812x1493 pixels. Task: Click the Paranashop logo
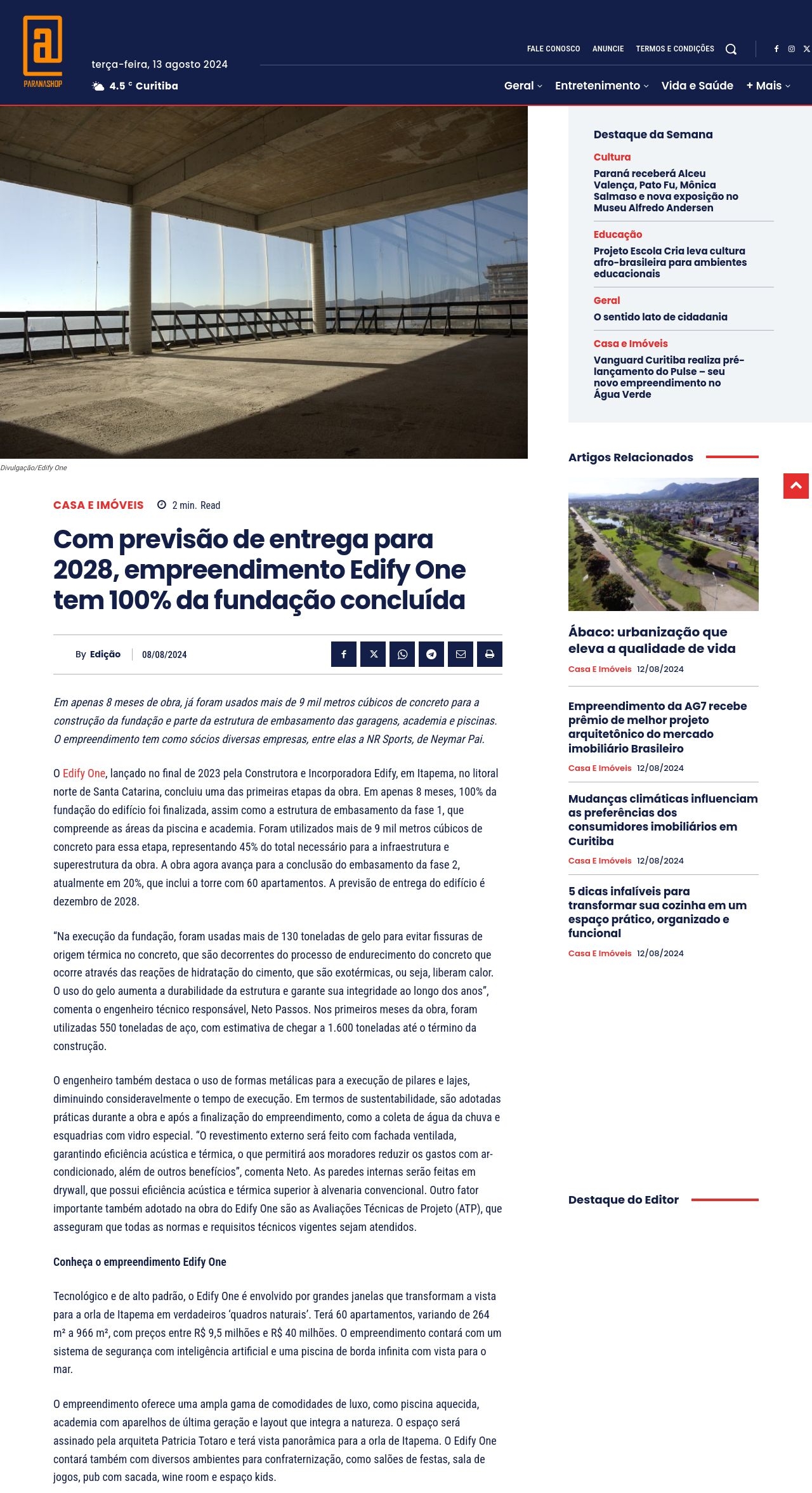[x=43, y=51]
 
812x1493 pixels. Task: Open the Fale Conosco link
[x=553, y=49]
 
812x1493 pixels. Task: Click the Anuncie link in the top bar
[x=608, y=49]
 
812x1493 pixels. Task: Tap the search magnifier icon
[x=731, y=49]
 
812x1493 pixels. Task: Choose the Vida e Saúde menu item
[x=697, y=86]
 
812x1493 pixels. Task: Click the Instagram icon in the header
[x=791, y=49]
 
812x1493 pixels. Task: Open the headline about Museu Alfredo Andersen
[x=665, y=190]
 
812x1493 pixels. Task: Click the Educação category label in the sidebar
[x=617, y=235]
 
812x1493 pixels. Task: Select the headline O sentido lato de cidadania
[x=660, y=317]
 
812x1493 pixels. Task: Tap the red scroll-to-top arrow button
[x=796, y=486]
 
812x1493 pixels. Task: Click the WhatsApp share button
[x=402, y=654]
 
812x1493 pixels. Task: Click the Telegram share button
[x=431, y=654]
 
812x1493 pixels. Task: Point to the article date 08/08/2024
[x=164, y=655]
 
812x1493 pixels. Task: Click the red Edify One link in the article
[x=84, y=773]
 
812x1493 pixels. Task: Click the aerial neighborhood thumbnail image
[x=663, y=544]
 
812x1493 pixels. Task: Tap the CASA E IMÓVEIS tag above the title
[x=98, y=505]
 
